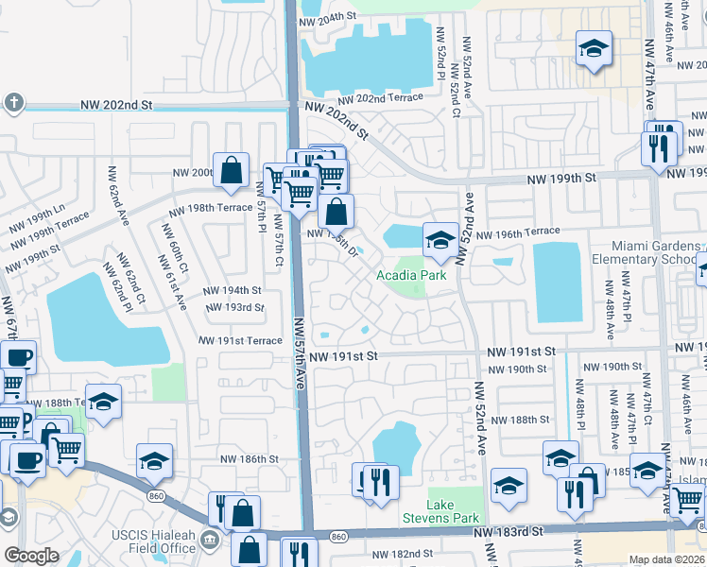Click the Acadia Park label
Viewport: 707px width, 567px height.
tap(411, 276)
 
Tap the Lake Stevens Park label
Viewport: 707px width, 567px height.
tap(454, 511)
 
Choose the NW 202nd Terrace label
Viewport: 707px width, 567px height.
tap(379, 98)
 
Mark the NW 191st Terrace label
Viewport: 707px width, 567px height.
tap(240, 340)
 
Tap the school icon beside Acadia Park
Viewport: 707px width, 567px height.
tap(440, 240)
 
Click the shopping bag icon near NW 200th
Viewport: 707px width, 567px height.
tap(231, 171)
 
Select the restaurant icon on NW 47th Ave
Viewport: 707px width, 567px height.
tap(658, 147)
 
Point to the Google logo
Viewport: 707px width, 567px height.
tap(31, 556)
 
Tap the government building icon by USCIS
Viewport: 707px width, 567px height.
tap(210, 541)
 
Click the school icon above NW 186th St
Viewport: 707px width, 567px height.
tap(154, 461)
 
